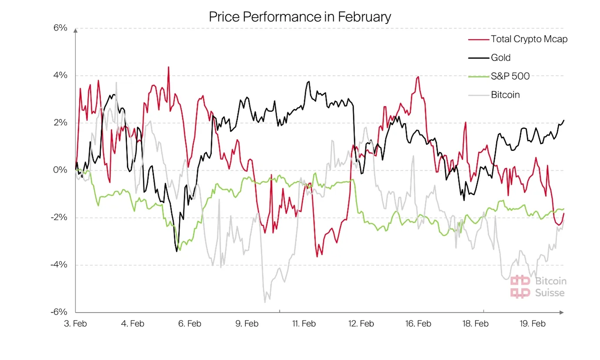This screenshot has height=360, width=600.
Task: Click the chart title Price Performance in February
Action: [x=300, y=17]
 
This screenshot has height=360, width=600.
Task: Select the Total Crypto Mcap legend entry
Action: [x=529, y=39]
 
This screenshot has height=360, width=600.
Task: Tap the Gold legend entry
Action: [x=500, y=57]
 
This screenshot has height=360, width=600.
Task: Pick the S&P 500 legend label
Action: [x=510, y=76]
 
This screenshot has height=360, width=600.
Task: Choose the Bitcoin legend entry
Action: [x=505, y=94]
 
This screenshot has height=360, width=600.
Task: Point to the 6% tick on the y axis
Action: [x=60, y=28]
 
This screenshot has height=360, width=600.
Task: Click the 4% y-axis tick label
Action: [x=60, y=76]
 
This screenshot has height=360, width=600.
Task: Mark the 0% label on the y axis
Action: [x=60, y=170]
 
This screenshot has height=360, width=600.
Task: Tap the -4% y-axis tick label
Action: [x=59, y=265]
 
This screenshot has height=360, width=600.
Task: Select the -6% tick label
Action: [x=59, y=312]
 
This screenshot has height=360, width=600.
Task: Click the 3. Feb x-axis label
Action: [x=75, y=324]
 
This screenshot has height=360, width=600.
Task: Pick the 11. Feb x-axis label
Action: [x=303, y=324]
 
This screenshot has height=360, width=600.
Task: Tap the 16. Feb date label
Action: [x=418, y=324]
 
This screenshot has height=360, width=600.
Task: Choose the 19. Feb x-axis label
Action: [x=533, y=324]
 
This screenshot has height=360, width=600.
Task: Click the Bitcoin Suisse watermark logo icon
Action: [x=520, y=287]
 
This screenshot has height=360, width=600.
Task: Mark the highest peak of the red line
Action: [x=168, y=67]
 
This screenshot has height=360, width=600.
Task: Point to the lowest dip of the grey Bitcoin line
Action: [x=265, y=302]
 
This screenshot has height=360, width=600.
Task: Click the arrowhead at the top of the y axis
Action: [x=75, y=30]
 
